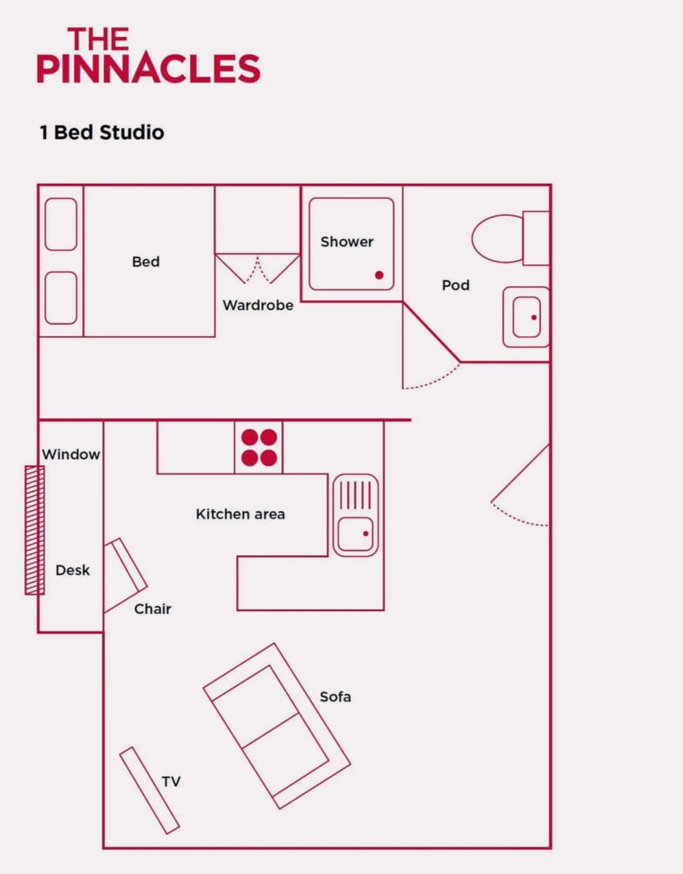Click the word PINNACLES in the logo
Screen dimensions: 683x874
click(149, 68)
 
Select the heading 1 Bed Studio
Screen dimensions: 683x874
click(102, 133)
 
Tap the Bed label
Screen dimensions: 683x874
click(146, 262)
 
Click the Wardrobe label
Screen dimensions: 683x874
click(258, 305)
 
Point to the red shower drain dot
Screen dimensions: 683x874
click(379, 275)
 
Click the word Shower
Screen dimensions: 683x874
click(347, 242)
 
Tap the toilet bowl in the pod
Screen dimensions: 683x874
click(497, 238)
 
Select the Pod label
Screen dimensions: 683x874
click(456, 286)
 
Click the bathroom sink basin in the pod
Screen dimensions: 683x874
click(526, 317)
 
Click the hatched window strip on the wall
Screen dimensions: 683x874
click(35, 530)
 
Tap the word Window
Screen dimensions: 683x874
click(71, 454)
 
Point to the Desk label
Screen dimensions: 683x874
click(73, 570)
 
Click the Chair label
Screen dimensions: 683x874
click(153, 609)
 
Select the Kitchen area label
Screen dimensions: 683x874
click(240, 514)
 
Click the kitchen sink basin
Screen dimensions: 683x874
click(355, 534)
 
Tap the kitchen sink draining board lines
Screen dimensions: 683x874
click(355, 495)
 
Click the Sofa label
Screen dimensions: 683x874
click(335, 697)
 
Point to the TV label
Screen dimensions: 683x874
click(171, 782)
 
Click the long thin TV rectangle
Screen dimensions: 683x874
click(149, 790)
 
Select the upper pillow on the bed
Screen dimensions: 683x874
click(60, 224)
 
